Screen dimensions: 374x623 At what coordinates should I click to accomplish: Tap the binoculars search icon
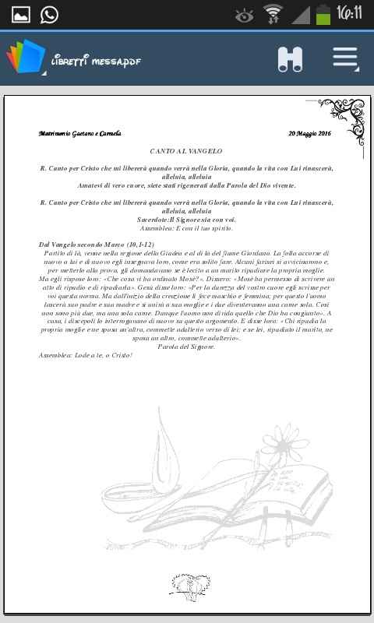(x=290, y=59)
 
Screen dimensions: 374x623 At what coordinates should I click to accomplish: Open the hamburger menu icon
(x=345, y=58)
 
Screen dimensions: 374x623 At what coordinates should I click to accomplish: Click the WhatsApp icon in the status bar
(x=49, y=14)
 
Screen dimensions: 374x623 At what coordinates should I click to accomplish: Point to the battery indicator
(x=323, y=14)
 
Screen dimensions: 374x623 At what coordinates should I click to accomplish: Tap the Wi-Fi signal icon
(x=273, y=14)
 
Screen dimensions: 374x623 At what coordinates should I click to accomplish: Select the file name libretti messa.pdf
(x=96, y=62)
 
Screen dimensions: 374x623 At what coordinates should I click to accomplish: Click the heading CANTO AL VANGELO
(x=186, y=150)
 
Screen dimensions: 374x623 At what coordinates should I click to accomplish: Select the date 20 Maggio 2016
(x=309, y=134)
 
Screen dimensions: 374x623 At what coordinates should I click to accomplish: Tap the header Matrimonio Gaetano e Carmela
(x=79, y=134)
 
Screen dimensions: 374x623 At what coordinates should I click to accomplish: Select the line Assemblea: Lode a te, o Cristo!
(x=86, y=355)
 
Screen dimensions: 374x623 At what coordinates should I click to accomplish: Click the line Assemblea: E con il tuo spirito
(x=186, y=228)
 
